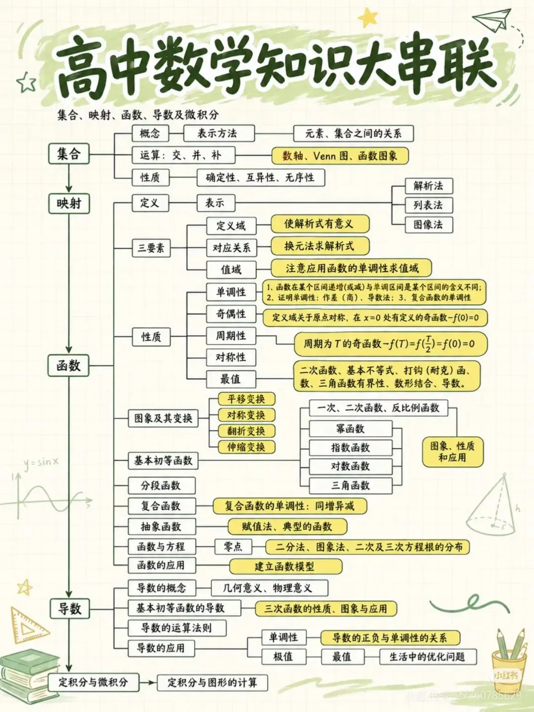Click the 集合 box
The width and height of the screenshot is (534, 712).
tap(69, 154)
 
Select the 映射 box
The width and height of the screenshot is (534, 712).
tap(69, 203)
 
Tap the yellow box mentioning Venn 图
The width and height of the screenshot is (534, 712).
tap(340, 156)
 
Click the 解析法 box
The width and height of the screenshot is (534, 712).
tap(429, 186)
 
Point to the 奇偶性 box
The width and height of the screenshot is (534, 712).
tap(231, 313)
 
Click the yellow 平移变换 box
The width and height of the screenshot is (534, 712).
tap(246, 399)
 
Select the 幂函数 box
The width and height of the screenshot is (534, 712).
tap(351, 429)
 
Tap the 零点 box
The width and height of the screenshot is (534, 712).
tap(233, 547)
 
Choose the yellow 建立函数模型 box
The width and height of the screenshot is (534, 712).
tap(286, 567)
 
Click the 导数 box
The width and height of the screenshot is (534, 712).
tap(70, 609)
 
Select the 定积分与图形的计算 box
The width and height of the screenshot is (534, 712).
tap(213, 683)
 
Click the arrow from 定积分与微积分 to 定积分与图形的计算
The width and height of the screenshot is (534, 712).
tap(148, 682)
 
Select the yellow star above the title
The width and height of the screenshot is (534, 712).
tap(368, 17)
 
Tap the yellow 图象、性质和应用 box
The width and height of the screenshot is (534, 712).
tap(452, 452)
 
